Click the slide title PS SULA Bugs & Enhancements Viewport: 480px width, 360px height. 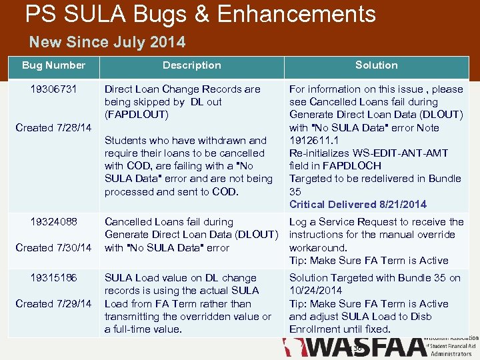201,14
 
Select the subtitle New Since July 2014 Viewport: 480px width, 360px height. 107,43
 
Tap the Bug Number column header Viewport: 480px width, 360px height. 53,65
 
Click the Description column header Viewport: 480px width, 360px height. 192,65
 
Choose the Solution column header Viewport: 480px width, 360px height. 377,65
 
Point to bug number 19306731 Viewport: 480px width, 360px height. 53,89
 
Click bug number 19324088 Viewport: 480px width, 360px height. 53,222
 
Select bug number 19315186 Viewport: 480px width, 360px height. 53,278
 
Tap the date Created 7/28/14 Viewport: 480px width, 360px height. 53,128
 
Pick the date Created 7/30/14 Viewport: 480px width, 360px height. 53,248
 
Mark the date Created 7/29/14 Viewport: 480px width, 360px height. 53,304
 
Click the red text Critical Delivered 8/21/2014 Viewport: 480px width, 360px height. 358,205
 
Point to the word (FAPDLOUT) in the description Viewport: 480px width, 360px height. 137,115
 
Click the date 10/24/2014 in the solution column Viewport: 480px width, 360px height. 315,291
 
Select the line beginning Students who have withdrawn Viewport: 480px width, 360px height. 185,141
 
